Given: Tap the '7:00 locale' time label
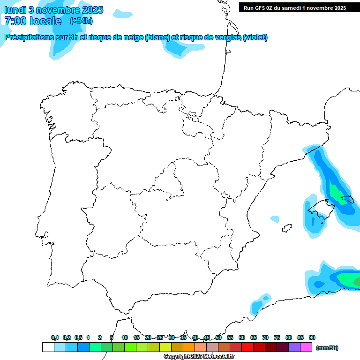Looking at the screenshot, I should click(33, 21).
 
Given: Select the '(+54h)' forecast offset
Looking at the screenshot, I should click(81, 21).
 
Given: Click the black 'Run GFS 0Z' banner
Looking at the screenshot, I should click(294, 7).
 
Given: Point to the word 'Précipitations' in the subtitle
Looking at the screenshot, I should click(28, 37).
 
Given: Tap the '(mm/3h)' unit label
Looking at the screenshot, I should click(327, 348).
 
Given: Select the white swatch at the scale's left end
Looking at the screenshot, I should click(48, 347).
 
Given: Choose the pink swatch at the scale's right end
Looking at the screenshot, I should click(306, 347).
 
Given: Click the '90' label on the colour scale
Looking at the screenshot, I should click(312, 337).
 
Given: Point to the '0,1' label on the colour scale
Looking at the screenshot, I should click(55, 337).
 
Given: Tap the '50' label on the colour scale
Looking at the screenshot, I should click(218, 337).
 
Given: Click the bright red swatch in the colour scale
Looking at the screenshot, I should click(247, 347).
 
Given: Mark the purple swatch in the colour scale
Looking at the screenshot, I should click(294, 347).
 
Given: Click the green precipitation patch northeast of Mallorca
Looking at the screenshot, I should click(336, 191).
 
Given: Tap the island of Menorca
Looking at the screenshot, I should click(347, 200).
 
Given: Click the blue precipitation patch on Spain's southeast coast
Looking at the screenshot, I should click(257, 305).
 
